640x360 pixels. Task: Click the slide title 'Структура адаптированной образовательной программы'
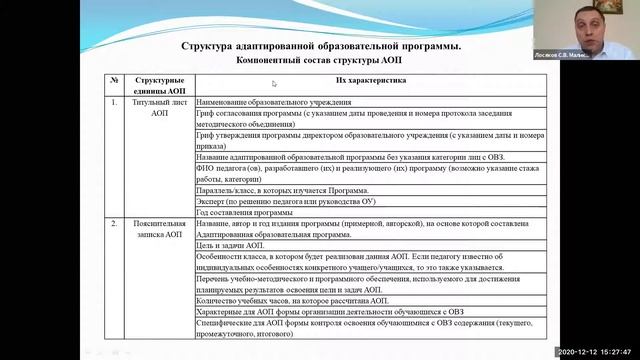[x=322, y=46]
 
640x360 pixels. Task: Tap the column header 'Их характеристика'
[x=372, y=83]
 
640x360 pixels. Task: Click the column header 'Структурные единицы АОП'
[x=159, y=83]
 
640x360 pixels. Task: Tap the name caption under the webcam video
[x=596, y=55]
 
